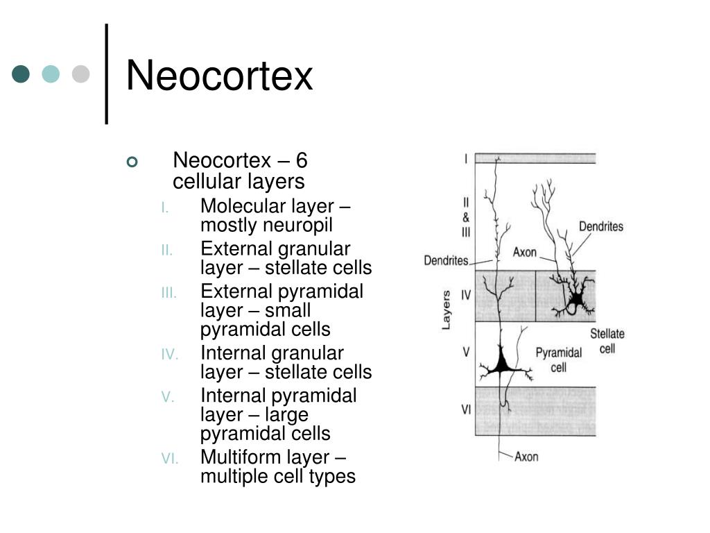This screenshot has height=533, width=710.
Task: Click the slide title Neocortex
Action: pyautogui.click(x=219, y=76)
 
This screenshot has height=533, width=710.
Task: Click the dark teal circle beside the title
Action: pyautogui.click(x=21, y=74)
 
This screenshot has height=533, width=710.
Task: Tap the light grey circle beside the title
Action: pyautogui.click(x=82, y=74)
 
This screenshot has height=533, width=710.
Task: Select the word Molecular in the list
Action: pyautogui.click(x=243, y=207)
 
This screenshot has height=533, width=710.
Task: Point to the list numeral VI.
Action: pyautogui.click(x=170, y=459)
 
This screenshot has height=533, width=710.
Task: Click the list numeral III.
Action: pyautogui.click(x=169, y=293)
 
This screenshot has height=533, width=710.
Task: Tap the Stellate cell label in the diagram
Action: pyautogui.click(x=607, y=341)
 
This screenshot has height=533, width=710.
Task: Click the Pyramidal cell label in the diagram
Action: pyautogui.click(x=558, y=359)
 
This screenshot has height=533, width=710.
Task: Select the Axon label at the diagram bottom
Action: pyautogui.click(x=526, y=456)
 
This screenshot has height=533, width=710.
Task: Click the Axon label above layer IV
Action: pyautogui.click(x=525, y=252)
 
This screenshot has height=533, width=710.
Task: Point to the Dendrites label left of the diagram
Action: pyautogui.click(x=446, y=261)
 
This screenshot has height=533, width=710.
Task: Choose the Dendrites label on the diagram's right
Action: pyautogui.click(x=601, y=226)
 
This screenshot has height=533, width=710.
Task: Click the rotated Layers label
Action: pyautogui.click(x=447, y=310)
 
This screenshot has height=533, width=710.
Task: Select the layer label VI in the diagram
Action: pyautogui.click(x=467, y=409)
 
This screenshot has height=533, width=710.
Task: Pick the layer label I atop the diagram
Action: pyautogui.click(x=466, y=159)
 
